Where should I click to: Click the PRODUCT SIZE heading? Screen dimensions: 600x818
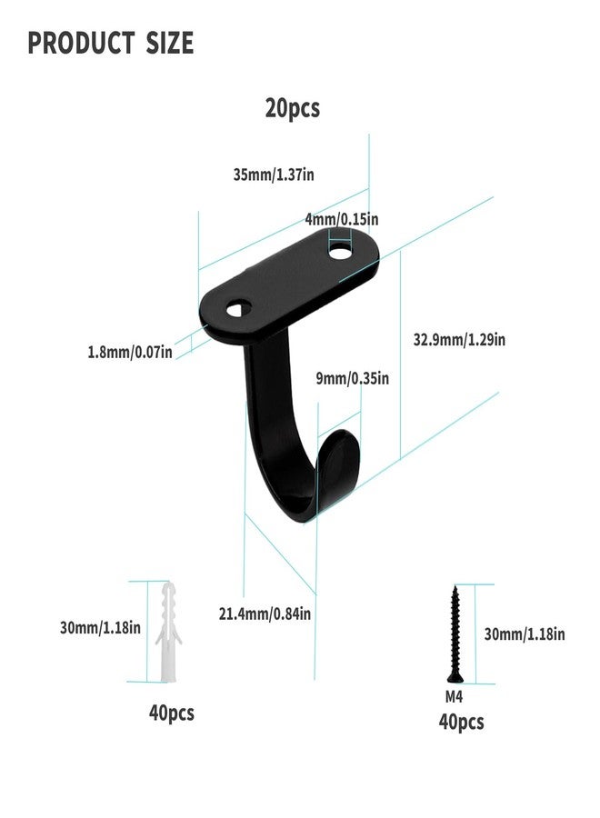pos(111,43)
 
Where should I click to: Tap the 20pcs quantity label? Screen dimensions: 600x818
pos(292,108)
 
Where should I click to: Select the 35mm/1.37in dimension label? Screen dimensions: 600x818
pos(274,175)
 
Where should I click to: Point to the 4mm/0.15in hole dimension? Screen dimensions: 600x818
pos(342,219)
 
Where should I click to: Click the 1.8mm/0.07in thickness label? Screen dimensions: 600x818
pos(129,352)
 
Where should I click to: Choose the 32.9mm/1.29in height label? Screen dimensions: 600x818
pos(459,340)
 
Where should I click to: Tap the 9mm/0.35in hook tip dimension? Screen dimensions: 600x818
pos(352,378)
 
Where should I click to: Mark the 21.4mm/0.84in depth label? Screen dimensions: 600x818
pos(265,613)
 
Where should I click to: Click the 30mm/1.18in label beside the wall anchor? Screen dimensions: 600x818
pos(100,627)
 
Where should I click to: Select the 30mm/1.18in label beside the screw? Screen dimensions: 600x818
pos(525,633)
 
